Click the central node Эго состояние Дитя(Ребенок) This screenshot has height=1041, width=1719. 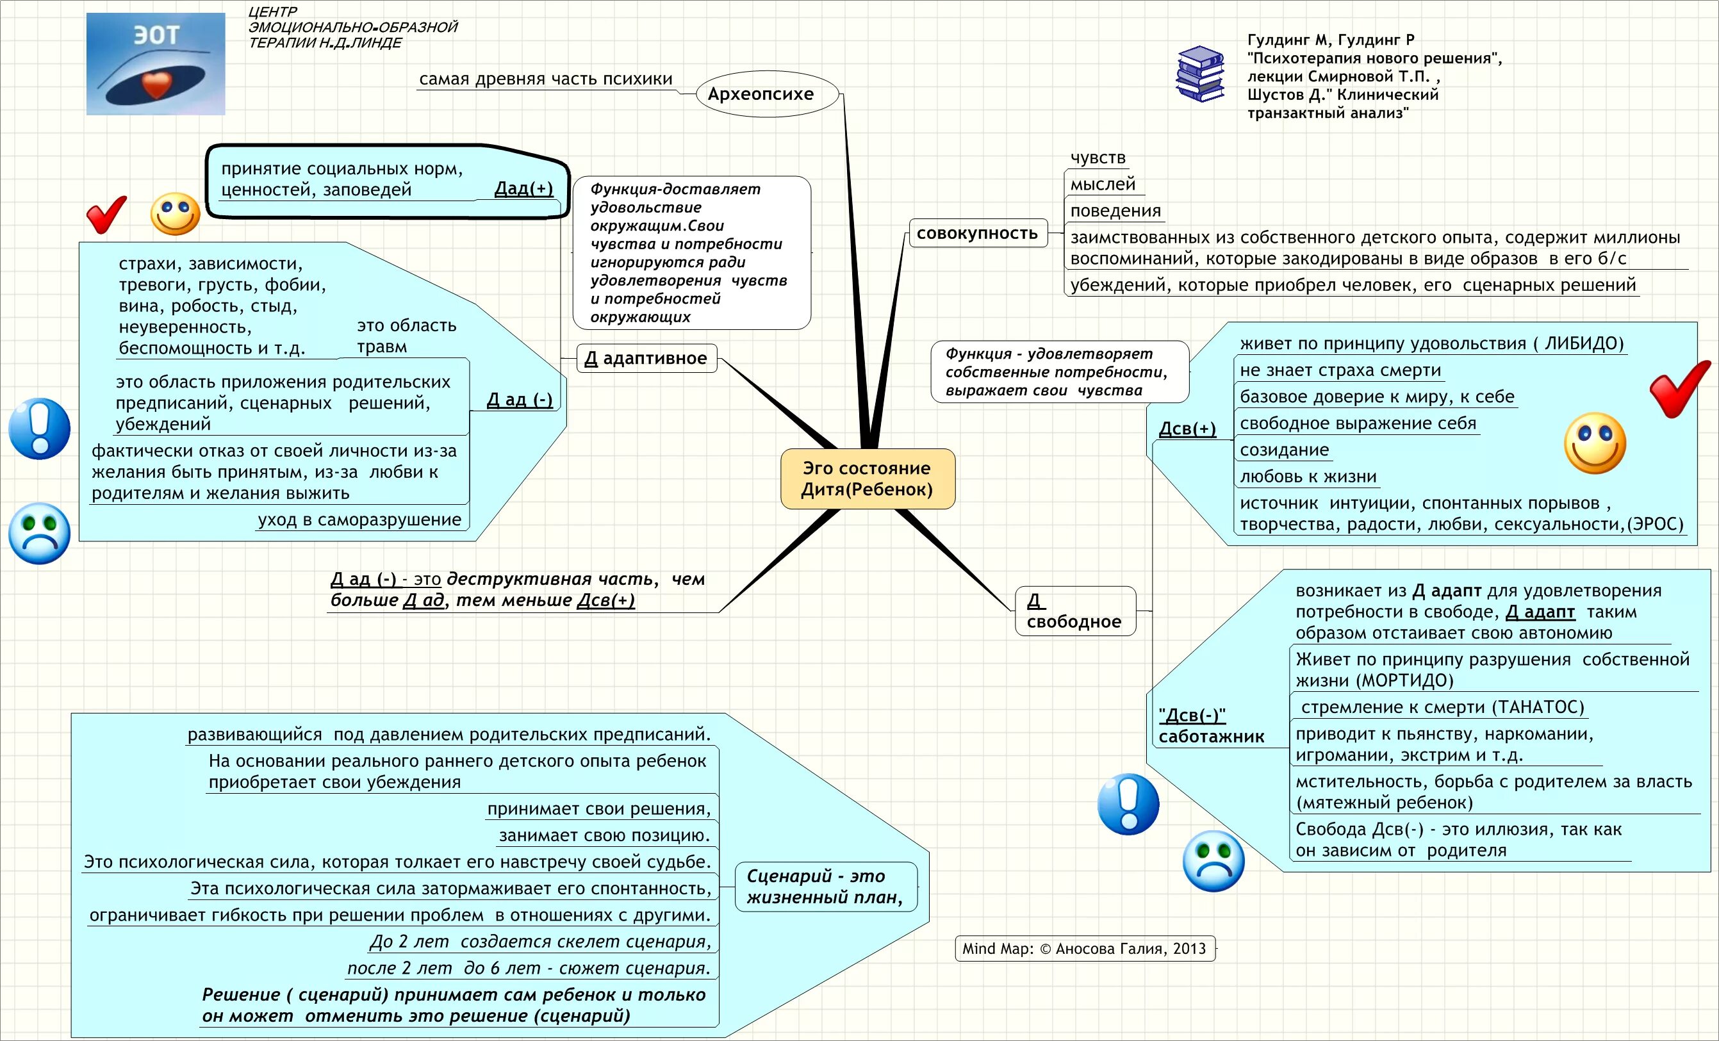(867, 479)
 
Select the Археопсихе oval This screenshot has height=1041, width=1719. (767, 94)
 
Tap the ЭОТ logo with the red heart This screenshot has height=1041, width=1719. (156, 63)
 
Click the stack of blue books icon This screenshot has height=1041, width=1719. (1200, 74)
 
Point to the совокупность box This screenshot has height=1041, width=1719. (978, 233)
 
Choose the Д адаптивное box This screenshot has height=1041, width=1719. (646, 359)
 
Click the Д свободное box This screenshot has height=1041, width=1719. (1074, 611)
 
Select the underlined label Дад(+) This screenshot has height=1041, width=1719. (523, 188)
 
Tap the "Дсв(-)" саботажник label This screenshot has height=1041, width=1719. (1210, 726)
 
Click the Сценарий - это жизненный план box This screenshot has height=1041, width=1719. (825, 886)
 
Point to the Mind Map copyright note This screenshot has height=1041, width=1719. (1084, 949)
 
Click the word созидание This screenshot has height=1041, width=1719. (1284, 450)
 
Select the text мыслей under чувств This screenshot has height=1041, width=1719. (1103, 184)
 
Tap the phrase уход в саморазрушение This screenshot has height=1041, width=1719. (359, 520)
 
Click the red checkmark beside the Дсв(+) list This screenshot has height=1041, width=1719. (1679, 388)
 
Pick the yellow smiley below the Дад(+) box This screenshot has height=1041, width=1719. (175, 213)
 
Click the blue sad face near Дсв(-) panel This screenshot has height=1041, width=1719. (1213, 861)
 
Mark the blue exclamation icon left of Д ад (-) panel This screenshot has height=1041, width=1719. (39, 429)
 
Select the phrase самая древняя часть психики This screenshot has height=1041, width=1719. (546, 79)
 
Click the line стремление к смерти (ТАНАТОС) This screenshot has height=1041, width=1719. (1442, 707)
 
